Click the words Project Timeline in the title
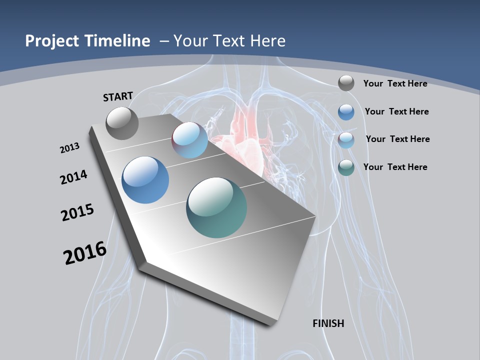87,41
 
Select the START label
118,96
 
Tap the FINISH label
328,323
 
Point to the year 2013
70,148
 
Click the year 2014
74,177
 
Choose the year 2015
77,212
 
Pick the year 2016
85,253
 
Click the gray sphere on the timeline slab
122,123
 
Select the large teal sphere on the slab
216,207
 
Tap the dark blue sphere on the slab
145,180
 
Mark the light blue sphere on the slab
190,140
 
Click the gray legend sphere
346,83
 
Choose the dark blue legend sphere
346,112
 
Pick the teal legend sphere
346,167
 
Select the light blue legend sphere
346,140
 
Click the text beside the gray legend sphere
395,83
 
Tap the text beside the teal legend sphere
395,167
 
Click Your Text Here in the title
229,41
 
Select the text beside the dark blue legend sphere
396,111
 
